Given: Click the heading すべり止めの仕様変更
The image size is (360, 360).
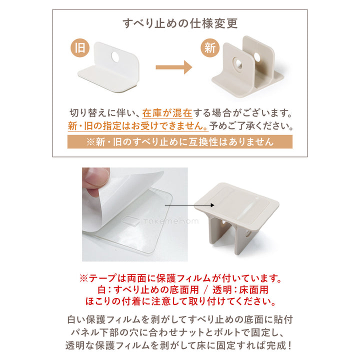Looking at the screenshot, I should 180,23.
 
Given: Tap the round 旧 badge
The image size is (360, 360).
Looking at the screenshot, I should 79,48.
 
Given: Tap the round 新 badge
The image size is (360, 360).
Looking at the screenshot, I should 210,48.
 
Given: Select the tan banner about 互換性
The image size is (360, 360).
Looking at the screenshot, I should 180,142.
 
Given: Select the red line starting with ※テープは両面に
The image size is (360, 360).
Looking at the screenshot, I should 180,277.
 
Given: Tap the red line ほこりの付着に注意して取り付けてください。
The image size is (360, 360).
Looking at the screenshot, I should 180,301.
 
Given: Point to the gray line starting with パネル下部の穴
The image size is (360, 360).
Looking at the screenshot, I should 180,332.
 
